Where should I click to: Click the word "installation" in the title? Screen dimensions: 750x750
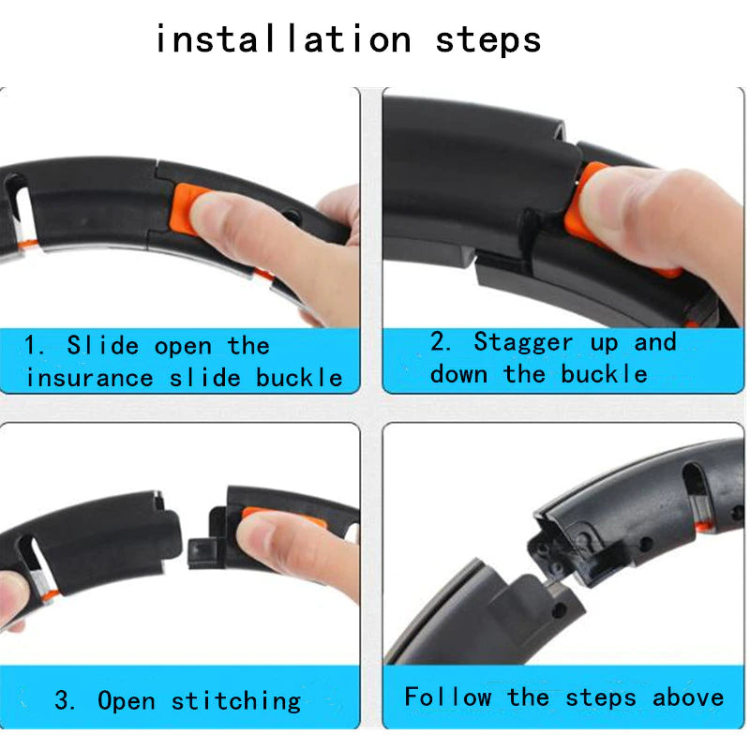click(282, 40)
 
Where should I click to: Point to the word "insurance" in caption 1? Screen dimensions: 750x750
click(89, 378)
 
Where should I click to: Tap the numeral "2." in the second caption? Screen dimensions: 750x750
click(442, 342)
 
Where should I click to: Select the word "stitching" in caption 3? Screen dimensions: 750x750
click(236, 700)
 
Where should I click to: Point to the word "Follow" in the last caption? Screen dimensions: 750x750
click(447, 697)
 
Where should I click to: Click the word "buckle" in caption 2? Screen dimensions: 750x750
click(605, 374)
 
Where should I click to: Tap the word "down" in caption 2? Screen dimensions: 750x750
click(460, 374)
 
